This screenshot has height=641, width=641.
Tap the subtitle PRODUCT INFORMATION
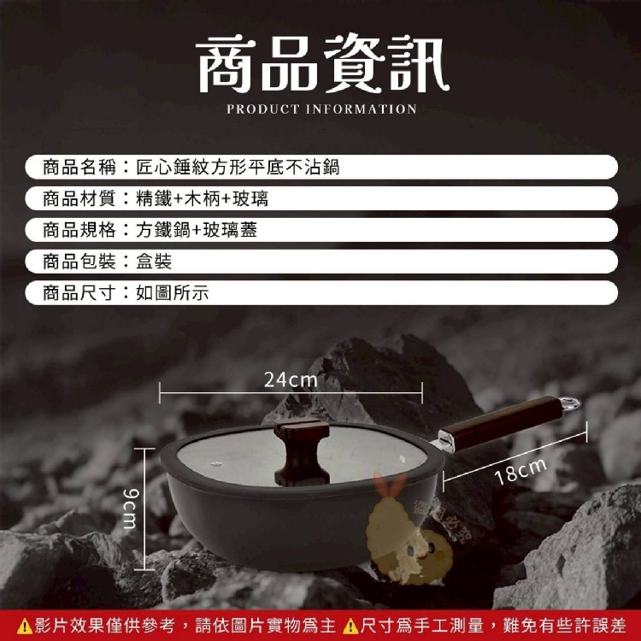321,109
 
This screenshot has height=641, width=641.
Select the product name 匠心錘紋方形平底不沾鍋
238,168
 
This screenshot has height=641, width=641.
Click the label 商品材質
79,198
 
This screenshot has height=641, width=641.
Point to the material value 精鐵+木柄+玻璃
202,198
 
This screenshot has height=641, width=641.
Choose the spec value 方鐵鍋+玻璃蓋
197,230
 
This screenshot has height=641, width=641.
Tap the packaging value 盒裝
154,262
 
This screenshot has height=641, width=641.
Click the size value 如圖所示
172,292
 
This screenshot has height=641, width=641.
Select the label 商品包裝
79,262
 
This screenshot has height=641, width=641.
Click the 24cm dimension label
291,379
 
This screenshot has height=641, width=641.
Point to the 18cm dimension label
520,471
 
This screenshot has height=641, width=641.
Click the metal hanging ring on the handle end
570,404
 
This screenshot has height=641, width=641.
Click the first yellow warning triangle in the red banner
24,626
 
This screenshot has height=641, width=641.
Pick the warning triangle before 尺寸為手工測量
350,626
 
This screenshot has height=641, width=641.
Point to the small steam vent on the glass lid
216,463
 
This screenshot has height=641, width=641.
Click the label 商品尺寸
79,292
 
